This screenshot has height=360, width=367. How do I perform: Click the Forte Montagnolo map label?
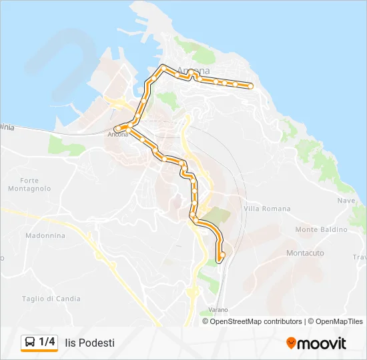(x=35, y=185)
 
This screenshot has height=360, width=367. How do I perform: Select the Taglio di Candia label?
(x=51, y=299)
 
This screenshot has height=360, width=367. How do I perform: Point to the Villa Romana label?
(x=268, y=209)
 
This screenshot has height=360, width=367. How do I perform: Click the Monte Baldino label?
(x=321, y=229)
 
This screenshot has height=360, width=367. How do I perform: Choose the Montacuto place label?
(x=305, y=253)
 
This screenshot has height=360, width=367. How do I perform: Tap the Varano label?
(x=218, y=310)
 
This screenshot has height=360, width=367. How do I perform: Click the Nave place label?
(x=346, y=201)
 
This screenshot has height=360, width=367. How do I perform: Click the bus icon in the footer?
(x=30, y=343)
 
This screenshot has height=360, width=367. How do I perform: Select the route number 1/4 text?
(x=47, y=343)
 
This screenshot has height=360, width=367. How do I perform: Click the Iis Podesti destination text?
(x=90, y=343)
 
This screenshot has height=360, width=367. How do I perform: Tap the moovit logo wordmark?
(x=322, y=343)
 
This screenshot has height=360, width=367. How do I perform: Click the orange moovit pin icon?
(x=291, y=343)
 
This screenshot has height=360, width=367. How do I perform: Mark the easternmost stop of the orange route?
(x=250, y=85)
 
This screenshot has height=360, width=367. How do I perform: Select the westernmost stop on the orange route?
(x=117, y=128)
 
